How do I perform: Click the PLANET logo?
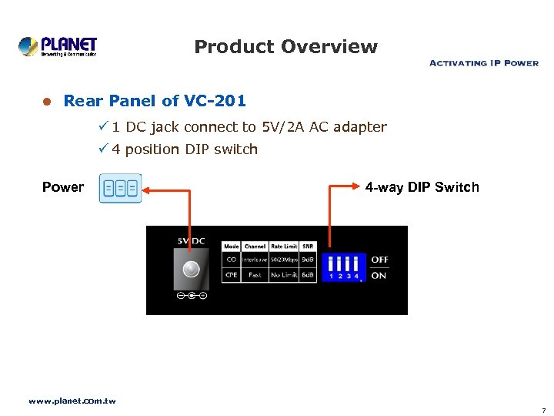(58, 46)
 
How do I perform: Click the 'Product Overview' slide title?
(285, 47)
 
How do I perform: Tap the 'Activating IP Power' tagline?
(483, 63)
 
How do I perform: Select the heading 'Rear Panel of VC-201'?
(155, 101)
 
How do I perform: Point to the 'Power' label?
(63, 187)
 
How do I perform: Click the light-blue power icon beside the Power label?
(121, 188)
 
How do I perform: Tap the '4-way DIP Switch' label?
(422, 187)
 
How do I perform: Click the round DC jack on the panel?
(190, 269)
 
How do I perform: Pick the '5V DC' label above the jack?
(191, 240)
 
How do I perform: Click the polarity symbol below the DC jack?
(191, 295)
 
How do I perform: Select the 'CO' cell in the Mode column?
(232, 260)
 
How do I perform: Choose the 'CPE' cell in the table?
(232, 274)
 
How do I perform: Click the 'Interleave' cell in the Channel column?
(255, 260)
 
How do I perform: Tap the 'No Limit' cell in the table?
(284, 274)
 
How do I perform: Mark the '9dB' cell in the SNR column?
(308, 260)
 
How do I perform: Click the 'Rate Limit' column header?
(284, 247)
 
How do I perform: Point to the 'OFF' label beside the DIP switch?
(379, 260)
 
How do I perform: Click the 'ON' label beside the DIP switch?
(379, 275)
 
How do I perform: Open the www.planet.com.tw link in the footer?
(72, 401)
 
